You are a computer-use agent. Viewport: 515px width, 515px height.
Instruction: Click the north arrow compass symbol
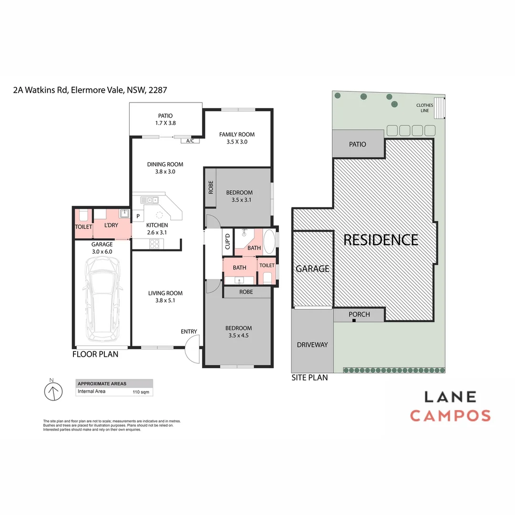click(x=54, y=391)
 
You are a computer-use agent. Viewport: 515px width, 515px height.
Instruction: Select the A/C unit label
click(x=190, y=141)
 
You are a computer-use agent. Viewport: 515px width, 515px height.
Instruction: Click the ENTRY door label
click(x=189, y=331)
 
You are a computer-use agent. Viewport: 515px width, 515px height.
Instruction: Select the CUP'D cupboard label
click(x=228, y=241)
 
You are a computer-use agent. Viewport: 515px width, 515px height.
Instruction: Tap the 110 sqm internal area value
click(x=141, y=392)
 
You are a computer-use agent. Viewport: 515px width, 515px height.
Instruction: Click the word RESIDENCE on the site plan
click(x=381, y=239)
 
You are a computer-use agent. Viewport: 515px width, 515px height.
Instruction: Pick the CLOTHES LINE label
click(x=424, y=108)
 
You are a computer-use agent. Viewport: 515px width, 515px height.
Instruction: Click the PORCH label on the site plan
click(x=359, y=315)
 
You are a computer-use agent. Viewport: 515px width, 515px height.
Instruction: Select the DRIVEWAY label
click(x=312, y=344)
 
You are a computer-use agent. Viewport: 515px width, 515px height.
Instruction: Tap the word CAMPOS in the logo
click(x=450, y=415)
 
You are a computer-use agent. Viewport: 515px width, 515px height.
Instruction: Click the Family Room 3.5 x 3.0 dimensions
click(x=237, y=142)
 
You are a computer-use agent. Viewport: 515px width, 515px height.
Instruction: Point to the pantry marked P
click(x=138, y=216)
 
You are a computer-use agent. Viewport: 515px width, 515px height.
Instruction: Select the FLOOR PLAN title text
click(x=95, y=354)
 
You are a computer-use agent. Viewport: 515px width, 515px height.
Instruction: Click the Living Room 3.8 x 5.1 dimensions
click(x=165, y=300)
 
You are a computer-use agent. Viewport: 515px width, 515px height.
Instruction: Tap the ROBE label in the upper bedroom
click(x=210, y=187)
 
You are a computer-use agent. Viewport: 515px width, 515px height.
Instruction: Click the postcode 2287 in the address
click(x=157, y=90)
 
